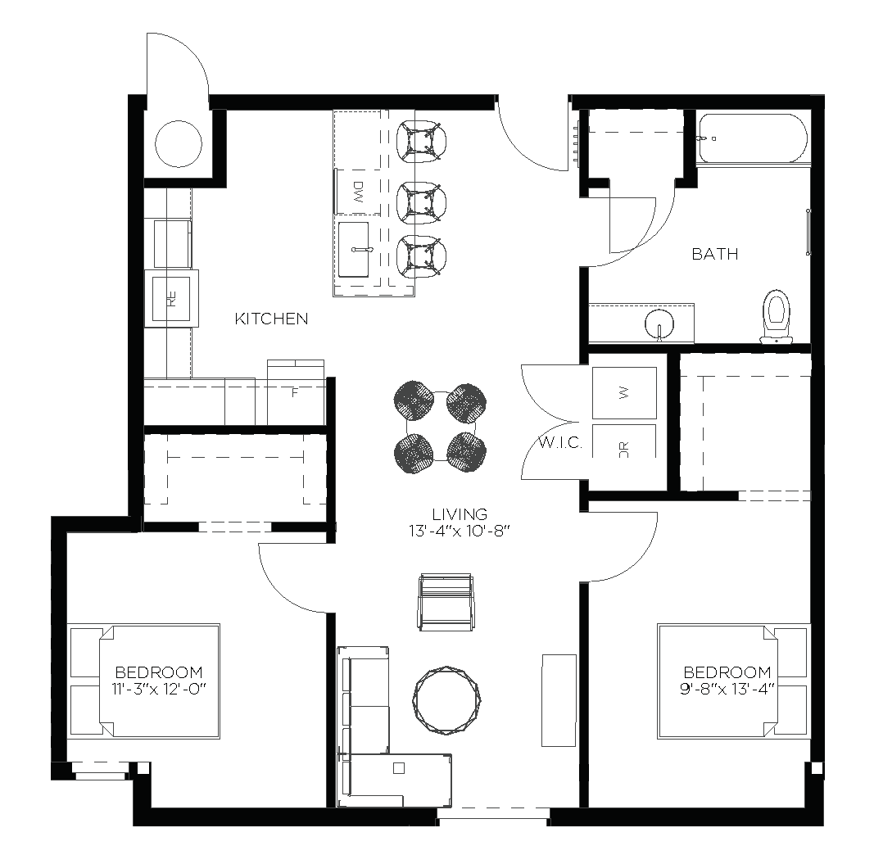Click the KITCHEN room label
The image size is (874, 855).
tap(271, 319)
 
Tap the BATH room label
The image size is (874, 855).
tap(714, 254)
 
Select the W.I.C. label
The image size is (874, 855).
tap(560, 444)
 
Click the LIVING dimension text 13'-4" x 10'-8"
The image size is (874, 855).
tap(460, 530)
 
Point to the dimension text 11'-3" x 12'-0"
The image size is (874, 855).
tap(157, 688)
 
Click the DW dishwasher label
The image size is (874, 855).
tap(358, 193)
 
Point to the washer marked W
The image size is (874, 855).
tap(624, 393)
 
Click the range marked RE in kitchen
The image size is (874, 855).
tap(172, 299)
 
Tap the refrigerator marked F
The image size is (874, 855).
tap(295, 392)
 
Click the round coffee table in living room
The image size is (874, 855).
tap(446, 698)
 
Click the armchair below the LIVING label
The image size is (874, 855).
tap(446, 602)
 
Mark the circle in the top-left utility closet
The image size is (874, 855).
tap(178, 143)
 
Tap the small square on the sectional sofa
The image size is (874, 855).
tap(398, 768)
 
